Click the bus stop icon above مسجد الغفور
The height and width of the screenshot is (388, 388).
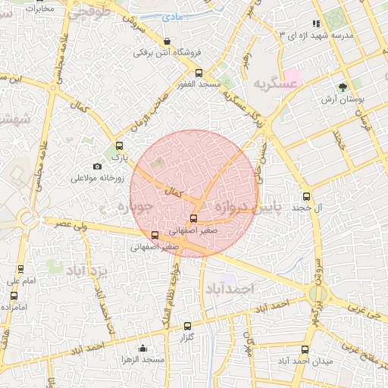click(199, 74)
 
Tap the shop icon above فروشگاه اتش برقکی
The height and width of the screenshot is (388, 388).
click(167, 41)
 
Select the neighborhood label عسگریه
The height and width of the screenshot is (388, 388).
click(274, 84)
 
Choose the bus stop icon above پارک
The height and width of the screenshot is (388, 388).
click(118, 145)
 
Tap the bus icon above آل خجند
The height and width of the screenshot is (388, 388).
click(306, 195)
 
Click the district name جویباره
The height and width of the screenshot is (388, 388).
click(137, 206)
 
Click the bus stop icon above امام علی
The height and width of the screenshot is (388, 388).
click(20, 268)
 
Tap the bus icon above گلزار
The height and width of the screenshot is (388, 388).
click(188, 326)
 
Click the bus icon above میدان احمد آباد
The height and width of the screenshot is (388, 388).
click(305, 349)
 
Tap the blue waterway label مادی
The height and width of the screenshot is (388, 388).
click(175, 15)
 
